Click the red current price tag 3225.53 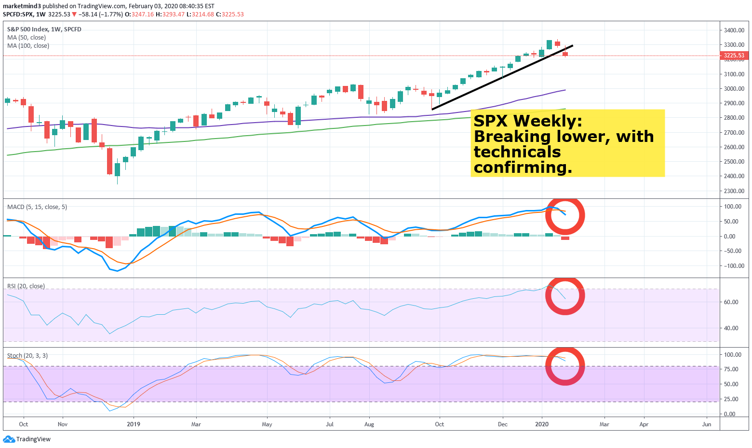(x=734, y=56)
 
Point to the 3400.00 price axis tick (x=734, y=30)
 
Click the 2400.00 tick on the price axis (x=734, y=176)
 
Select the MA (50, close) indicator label (x=27, y=38)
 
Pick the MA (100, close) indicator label (x=28, y=46)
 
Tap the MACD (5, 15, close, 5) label (x=37, y=207)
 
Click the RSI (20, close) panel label (x=26, y=286)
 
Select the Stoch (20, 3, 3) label (x=27, y=356)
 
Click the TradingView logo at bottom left (x=27, y=439)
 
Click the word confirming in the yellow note (x=523, y=168)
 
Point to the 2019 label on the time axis (x=134, y=424)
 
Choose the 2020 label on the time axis (x=542, y=424)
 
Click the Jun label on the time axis (x=707, y=424)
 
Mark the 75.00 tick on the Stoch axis (x=731, y=369)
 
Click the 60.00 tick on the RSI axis (x=731, y=302)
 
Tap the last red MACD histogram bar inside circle (x=565, y=238)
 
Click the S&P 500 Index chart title (x=44, y=29)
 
